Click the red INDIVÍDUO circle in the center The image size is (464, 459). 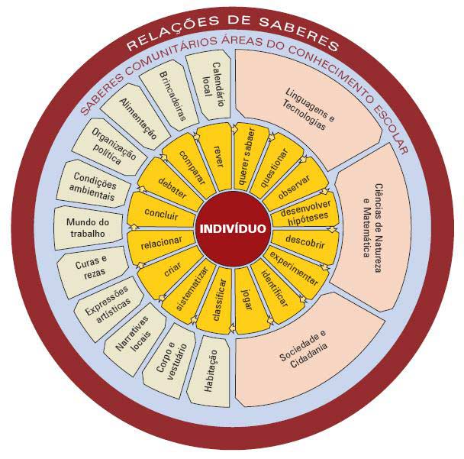pyautogui.click(x=233, y=228)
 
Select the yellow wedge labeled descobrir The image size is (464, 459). pyautogui.click(x=304, y=241)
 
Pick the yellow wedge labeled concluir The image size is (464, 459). pyautogui.click(x=160, y=215)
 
